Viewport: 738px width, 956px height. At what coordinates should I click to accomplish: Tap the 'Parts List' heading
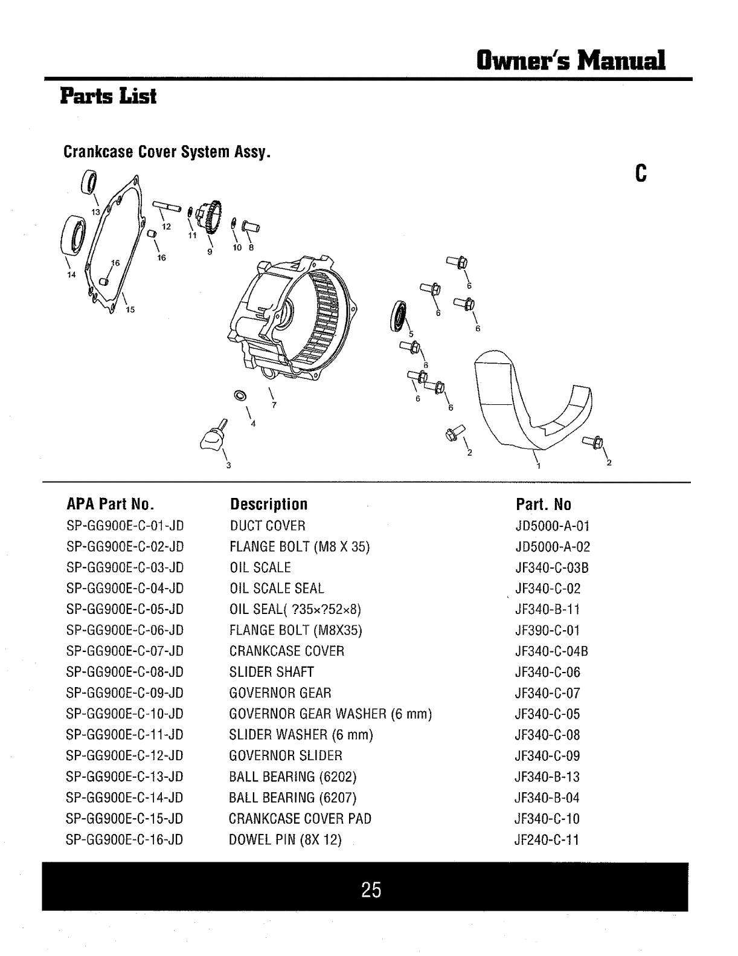[x=109, y=95]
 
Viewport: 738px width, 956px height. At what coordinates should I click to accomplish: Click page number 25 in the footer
[x=371, y=890]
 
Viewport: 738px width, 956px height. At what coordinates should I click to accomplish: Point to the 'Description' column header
[x=269, y=505]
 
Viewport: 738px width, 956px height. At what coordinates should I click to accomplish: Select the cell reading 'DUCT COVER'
[x=268, y=526]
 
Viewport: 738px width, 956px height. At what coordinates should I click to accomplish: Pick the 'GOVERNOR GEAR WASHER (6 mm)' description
[x=331, y=714]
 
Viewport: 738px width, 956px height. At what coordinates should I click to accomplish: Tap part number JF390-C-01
[x=547, y=631]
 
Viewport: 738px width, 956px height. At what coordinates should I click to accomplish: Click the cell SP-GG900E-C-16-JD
[x=125, y=840]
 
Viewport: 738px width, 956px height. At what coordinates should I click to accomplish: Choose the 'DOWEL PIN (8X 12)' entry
[x=286, y=840]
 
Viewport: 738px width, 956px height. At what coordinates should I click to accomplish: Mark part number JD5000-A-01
[x=552, y=526]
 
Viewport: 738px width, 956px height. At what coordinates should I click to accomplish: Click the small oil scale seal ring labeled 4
[x=240, y=396]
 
